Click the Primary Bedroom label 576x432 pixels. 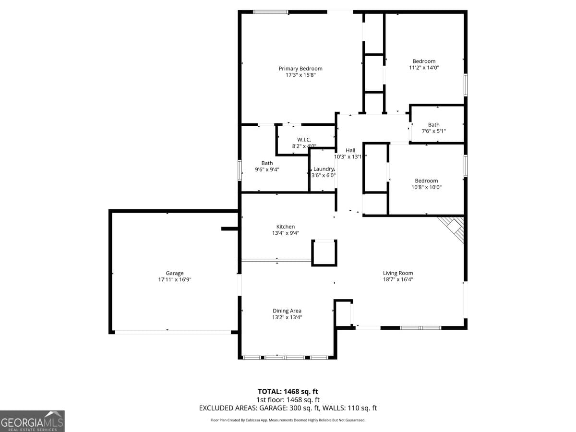pyautogui.click(x=300, y=69)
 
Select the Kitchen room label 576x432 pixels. pyautogui.click(x=286, y=227)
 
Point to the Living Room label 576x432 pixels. pyautogui.click(x=398, y=273)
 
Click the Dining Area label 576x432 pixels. pyautogui.click(x=287, y=311)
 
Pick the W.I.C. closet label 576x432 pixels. pyautogui.click(x=304, y=140)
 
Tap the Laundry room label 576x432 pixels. pyautogui.click(x=324, y=169)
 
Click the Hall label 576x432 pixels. pyautogui.click(x=350, y=150)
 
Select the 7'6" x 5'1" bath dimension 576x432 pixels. pyautogui.click(x=433, y=131)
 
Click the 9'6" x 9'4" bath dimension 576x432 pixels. pyautogui.click(x=267, y=169)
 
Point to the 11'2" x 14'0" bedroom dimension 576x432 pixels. pyautogui.click(x=424, y=68)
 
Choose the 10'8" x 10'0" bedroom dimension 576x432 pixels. pyautogui.click(x=426, y=187)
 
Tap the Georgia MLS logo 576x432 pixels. pyautogui.click(x=32, y=421)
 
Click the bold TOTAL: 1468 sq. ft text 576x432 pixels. pyautogui.click(x=288, y=392)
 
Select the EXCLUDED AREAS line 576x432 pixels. pyautogui.click(x=288, y=408)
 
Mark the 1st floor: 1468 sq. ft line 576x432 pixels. pyautogui.click(x=288, y=400)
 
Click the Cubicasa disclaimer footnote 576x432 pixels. pyautogui.click(x=288, y=420)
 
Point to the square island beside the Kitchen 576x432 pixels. pyautogui.click(x=324, y=253)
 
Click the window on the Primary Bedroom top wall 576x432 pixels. pyautogui.click(x=271, y=12)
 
